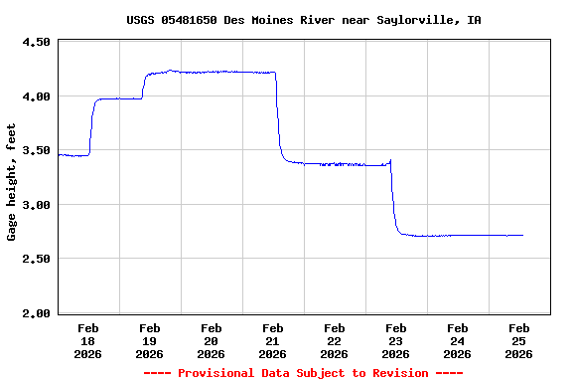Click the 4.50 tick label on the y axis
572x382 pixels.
[36, 43]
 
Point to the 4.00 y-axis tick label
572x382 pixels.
[36, 96]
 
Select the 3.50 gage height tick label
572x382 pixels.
[36, 151]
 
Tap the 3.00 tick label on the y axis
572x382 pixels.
[36, 205]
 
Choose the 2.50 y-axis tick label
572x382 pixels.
[36, 260]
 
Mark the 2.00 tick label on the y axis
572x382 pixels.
[36, 313]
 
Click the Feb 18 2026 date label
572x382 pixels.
[88, 340]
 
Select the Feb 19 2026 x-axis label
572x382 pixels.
[150, 340]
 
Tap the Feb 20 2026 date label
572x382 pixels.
[212, 340]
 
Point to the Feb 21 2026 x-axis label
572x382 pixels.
[273, 340]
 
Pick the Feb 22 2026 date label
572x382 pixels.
[335, 340]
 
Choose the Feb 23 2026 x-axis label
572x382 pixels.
[396, 340]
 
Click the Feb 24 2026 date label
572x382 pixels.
[458, 340]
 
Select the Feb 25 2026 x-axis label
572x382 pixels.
[518, 340]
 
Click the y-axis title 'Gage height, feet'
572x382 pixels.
[12, 182]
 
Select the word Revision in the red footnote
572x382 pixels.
[397, 373]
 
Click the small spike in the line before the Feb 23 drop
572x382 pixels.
[390, 160]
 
